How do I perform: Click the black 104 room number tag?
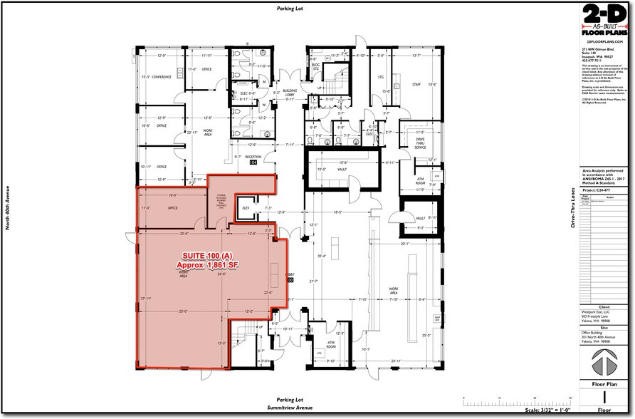[253, 162]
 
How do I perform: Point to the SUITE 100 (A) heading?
[206, 256]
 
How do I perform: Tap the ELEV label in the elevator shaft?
[247, 208]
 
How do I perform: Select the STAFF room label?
[416, 84]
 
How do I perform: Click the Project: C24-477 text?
[597, 190]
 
